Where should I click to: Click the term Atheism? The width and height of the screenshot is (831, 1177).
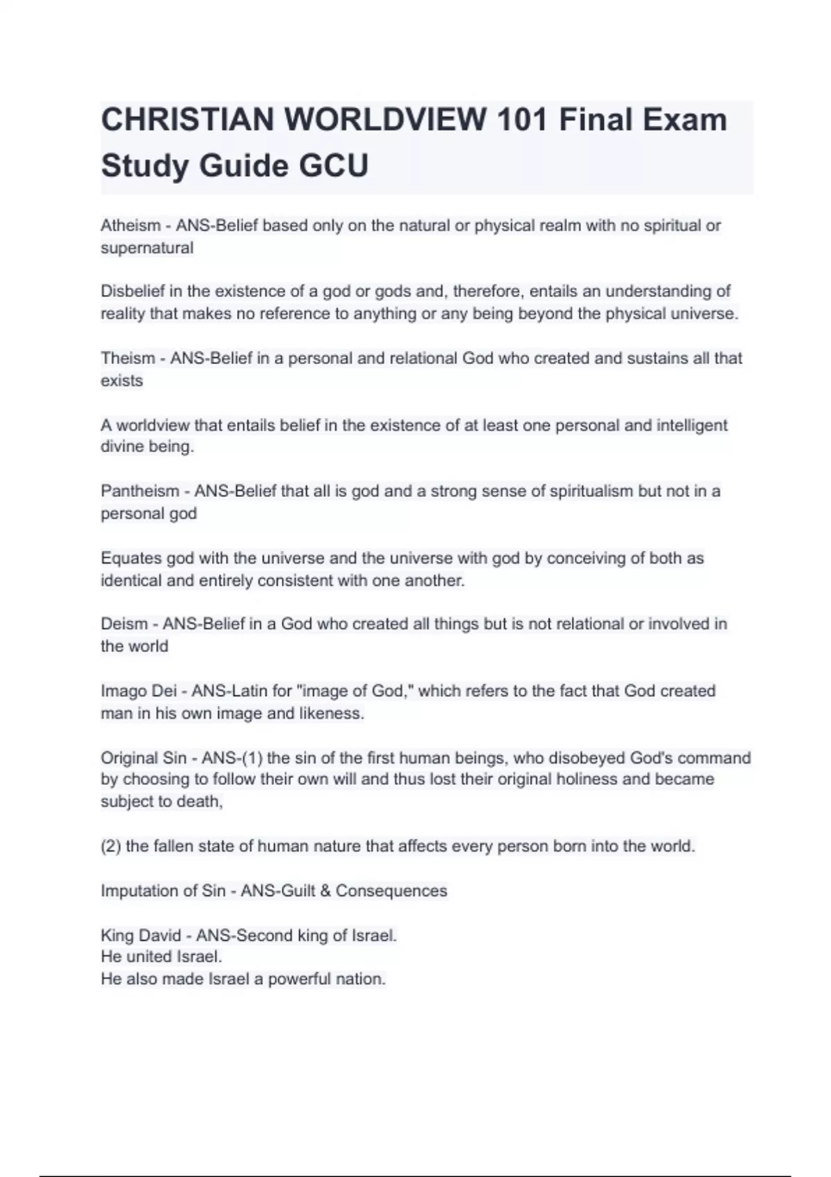(x=130, y=226)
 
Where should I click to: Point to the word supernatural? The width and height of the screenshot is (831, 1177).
(x=147, y=248)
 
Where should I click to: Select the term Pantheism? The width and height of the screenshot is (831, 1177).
(x=140, y=492)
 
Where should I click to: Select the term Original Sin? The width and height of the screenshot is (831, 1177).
(x=143, y=758)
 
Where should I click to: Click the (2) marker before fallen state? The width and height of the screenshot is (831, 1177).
(x=111, y=846)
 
